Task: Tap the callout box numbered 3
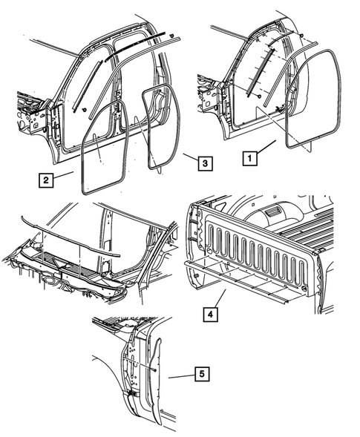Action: (x=204, y=160)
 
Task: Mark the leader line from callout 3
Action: (x=189, y=157)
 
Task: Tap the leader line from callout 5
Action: (x=183, y=376)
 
